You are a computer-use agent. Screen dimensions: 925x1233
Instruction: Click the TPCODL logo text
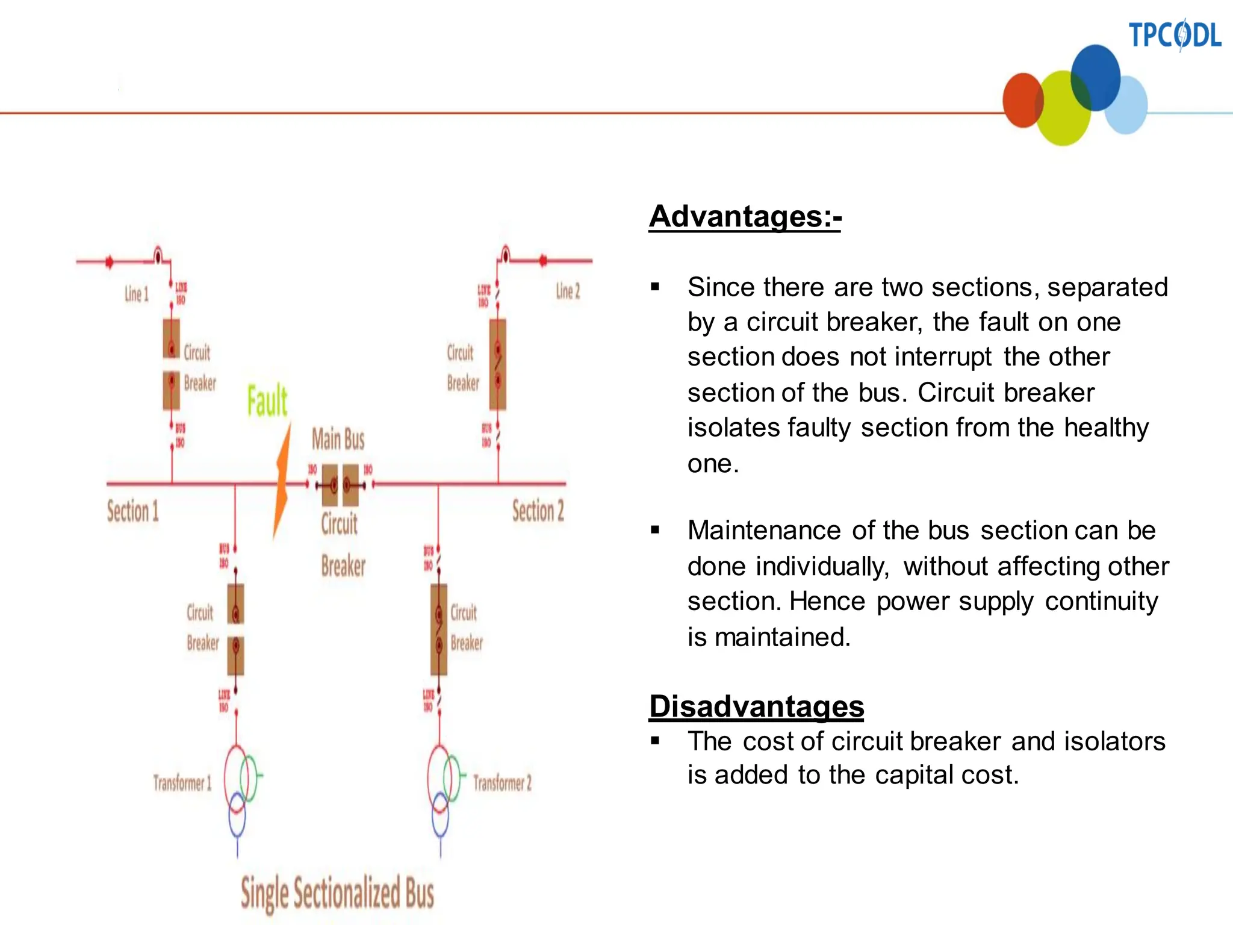[x=1174, y=35]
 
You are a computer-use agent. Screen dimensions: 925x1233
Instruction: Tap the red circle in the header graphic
[x=1022, y=101]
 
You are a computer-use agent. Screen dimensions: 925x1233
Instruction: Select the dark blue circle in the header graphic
[x=1096, y=77]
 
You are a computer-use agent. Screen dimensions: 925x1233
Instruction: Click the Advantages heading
[x=745, y=216]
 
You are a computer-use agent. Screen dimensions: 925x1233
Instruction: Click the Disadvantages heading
[x=756, y=706]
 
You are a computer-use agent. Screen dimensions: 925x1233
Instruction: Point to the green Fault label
[x=267, y=400]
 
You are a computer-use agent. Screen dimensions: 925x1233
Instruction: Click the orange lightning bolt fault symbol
[x=282, y=482]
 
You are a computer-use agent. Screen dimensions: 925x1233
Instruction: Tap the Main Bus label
[x=338, y=439]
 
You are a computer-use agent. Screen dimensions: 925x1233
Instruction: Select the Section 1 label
[x=133, y=511]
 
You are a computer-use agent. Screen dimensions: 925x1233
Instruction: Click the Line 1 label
[x=136, y=294]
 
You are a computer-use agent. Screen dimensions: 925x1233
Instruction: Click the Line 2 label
[x=568, y=291]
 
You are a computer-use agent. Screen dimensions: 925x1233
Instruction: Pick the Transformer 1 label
[x=182, y=783]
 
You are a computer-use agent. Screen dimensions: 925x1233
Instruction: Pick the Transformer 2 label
[x=502, y=783]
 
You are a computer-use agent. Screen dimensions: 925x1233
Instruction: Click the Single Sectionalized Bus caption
[x=337, y=894]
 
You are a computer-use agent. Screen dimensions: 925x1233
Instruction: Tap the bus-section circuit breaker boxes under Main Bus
[x=340, y=485]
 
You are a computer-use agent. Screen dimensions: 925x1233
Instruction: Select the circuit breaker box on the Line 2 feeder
[x=498, y=364]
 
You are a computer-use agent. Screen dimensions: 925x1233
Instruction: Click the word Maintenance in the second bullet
[x=764, y=531]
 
